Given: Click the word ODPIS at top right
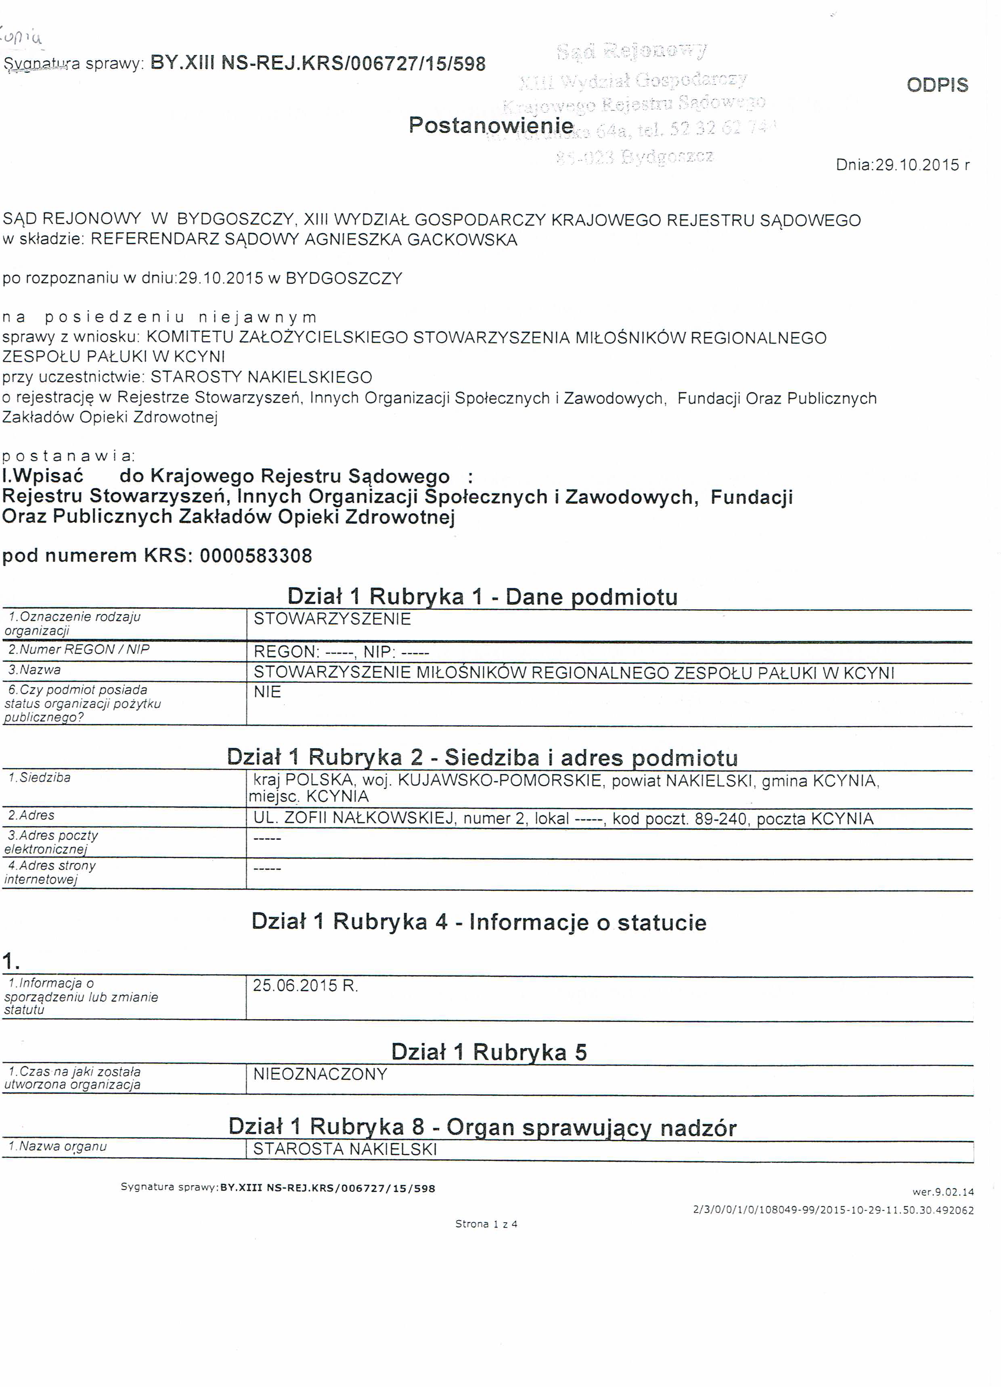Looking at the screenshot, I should tap(937, 85).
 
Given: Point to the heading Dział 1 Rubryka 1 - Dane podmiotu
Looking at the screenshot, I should tap(482, 596).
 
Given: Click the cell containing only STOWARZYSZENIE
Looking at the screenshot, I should tap(332, 619).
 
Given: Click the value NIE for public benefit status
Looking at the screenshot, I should tap(267, 692).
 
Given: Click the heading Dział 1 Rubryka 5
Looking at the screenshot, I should tap(488, 1052).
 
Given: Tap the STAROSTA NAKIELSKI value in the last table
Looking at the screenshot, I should tap(345, 1149).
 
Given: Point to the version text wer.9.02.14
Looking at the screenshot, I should tap(943, 1192).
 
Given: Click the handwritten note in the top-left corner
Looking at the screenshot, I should tap(23, 38).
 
